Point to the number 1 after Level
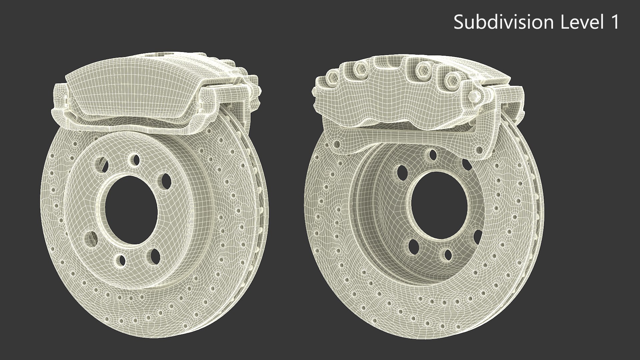point(614,22)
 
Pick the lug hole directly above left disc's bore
point(135,159)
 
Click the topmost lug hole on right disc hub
point(433,154)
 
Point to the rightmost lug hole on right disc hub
point(477,237)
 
